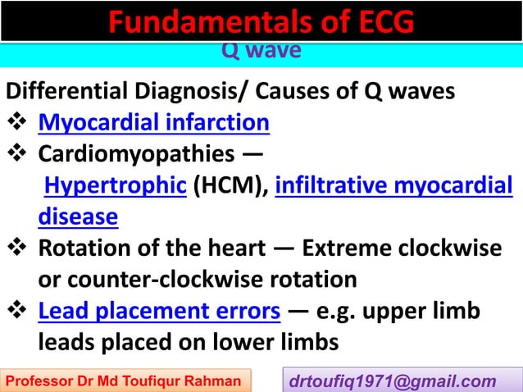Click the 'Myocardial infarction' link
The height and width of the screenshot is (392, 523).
tap(154, 123)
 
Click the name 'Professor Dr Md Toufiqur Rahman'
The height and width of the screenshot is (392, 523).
tap(125, 381)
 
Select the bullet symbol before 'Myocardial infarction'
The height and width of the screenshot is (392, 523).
tap(18, 124)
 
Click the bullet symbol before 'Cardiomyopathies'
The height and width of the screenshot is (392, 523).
tap(18, 155)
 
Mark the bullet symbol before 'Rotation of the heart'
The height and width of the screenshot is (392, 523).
tap(18, 248)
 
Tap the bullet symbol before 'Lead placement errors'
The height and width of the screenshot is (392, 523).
tap(18, 311)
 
